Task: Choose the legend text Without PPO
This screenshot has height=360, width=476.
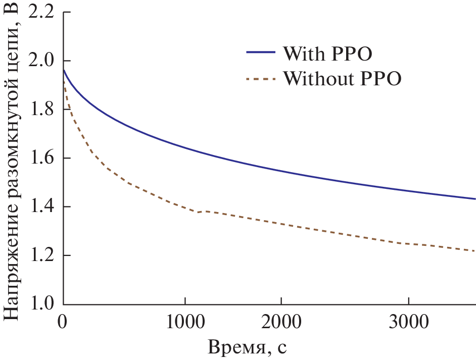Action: coord(342,79)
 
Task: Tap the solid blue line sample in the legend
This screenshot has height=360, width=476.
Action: coord(260,53)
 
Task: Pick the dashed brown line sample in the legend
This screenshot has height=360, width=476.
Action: coord(260,79)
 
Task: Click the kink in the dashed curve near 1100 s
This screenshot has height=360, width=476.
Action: coord(198,212)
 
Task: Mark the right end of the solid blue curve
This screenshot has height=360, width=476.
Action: coord(475,199)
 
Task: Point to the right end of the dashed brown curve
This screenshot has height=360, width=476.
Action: coord(475,251)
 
